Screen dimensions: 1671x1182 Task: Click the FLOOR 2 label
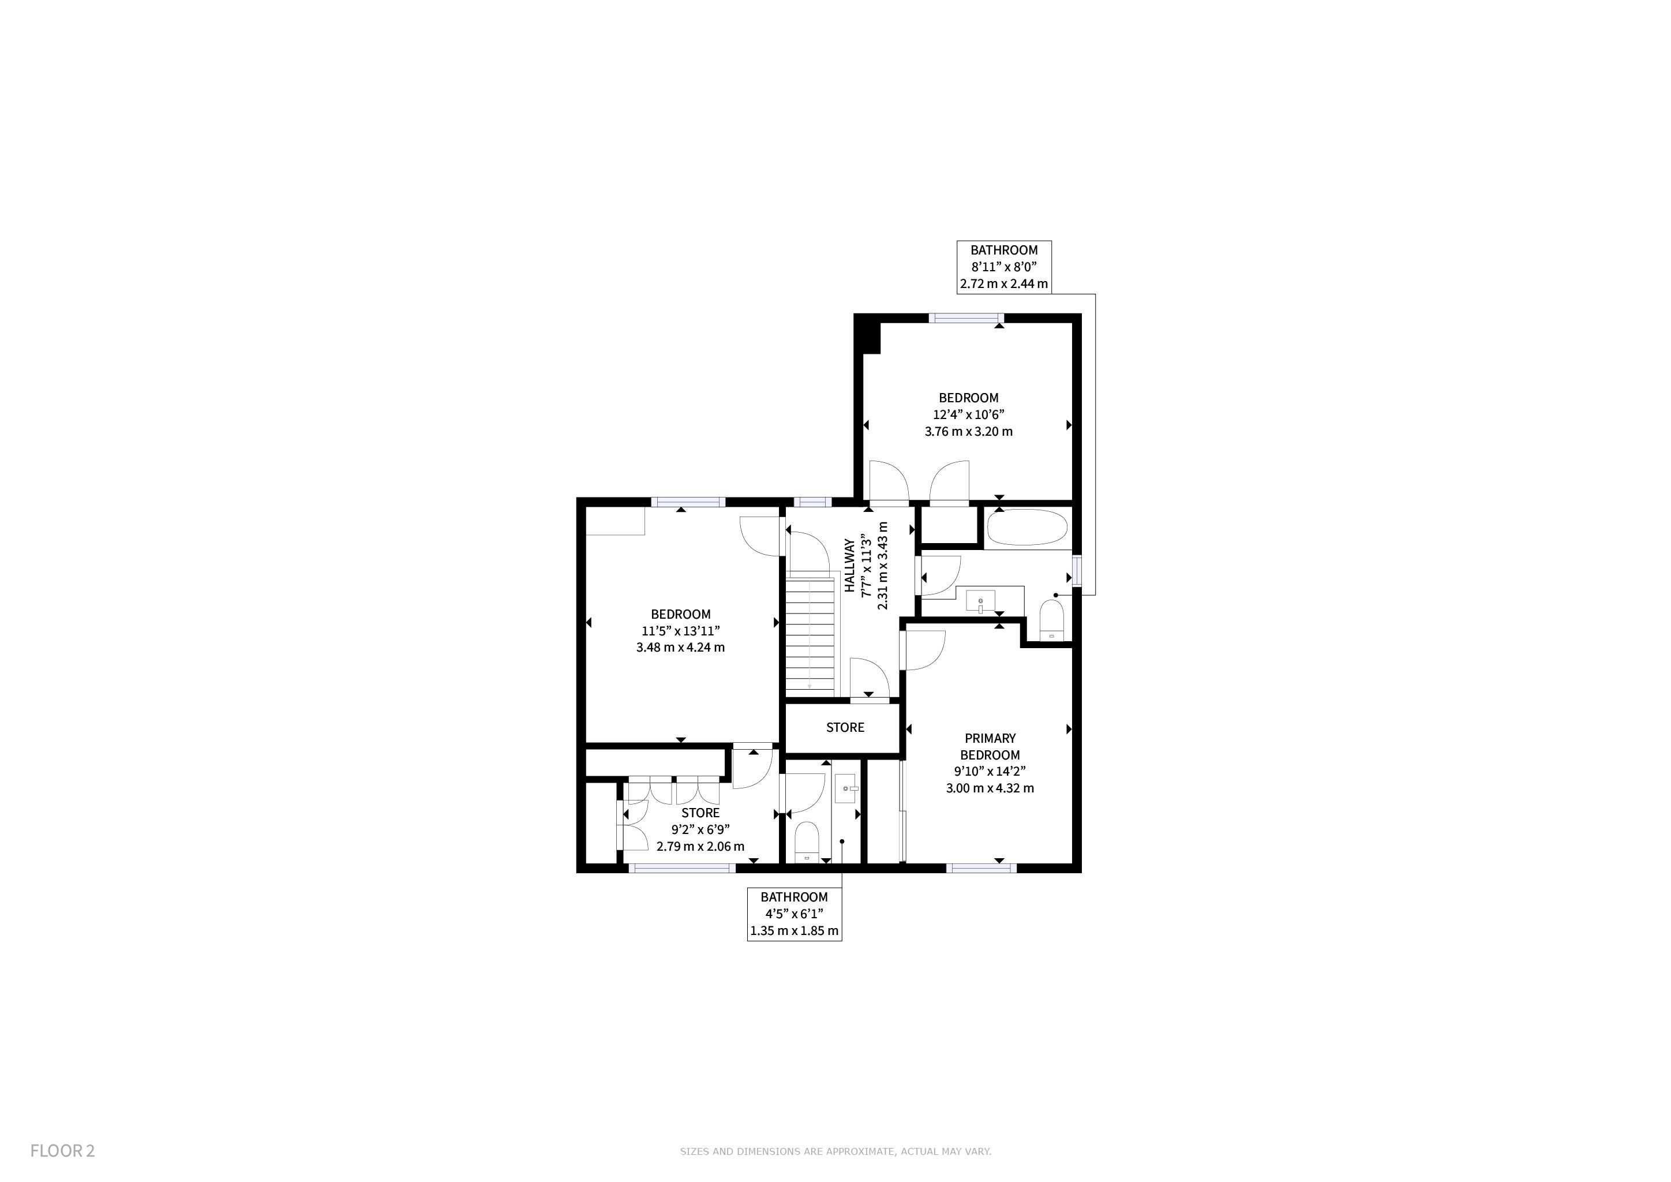point(62,1151)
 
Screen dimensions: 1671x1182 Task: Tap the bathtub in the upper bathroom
point(1028,528)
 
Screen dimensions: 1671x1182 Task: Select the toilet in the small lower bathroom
point(807,842)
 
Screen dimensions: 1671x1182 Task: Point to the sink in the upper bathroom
point(980,601)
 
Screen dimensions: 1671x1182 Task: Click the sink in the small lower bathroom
point(846,788)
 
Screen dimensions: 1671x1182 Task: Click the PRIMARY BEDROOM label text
point(990,747)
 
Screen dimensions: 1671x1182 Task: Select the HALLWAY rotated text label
point(849,566)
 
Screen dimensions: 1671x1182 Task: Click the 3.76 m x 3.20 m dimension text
point(969,432)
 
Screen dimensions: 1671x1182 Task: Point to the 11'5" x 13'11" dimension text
point(680,631)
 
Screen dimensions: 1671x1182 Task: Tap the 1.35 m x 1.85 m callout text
point(794,931)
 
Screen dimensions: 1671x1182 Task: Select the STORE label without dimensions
point(845,727)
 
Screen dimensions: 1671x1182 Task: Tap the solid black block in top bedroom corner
point(867,334)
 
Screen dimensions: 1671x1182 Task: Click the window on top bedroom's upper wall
point(966,318)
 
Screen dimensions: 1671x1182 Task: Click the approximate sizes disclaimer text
point(835,1151)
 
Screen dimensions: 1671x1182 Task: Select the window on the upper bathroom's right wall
point(1077,571)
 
